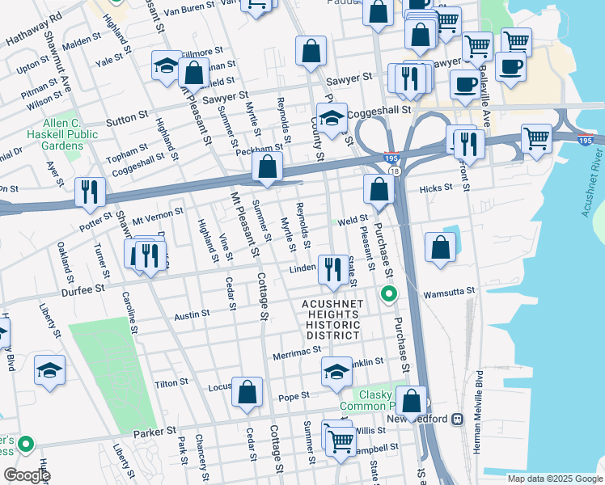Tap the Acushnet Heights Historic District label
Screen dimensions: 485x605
[x=331, y=319]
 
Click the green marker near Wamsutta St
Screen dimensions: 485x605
[x=389, y=294]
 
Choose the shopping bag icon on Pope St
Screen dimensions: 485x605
[x=247, y=392]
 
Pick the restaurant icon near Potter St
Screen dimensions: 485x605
[x=89, y=192]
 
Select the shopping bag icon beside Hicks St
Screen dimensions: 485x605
[x=378, y=190]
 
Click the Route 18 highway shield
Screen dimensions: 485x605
[x=394, y=171]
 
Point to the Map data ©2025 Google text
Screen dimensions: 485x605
[x=554, y=479]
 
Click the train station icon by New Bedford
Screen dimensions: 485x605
[x=457, y=419]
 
